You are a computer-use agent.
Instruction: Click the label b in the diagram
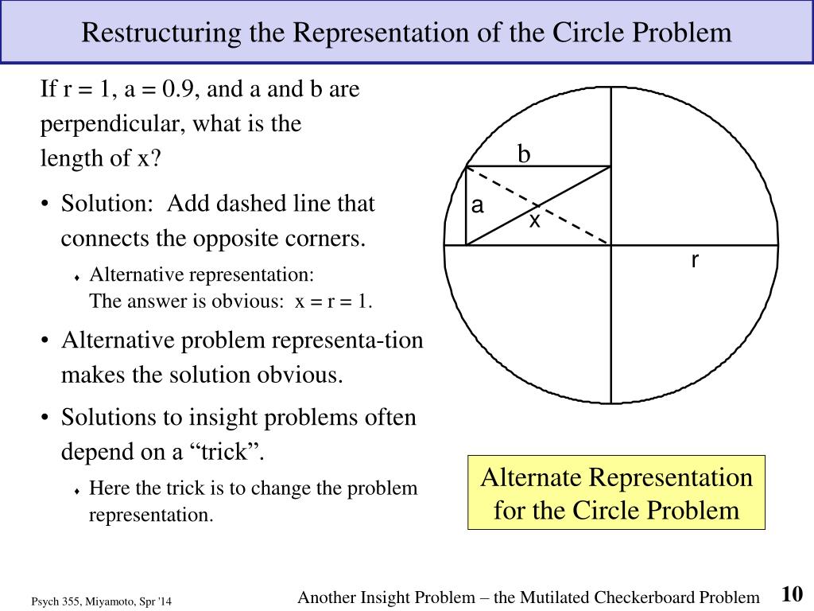click(524, 154)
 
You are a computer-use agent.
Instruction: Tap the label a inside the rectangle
click(477, 206)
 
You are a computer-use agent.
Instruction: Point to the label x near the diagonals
click(535, 220)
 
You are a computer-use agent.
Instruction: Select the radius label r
click(694, 260)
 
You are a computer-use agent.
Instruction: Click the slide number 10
click(792, 594)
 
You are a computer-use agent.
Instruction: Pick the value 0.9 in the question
click(180, 89)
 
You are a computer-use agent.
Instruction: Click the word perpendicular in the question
click(110, 125)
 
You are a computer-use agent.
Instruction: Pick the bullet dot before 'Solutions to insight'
click(48, 418)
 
